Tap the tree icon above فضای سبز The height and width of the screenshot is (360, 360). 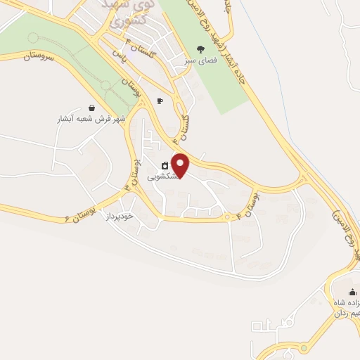click(201, 49)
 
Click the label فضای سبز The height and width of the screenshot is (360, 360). click(201, 61)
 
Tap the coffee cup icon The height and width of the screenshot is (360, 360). click(160, 101)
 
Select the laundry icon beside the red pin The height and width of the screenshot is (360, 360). click(165, 166)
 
